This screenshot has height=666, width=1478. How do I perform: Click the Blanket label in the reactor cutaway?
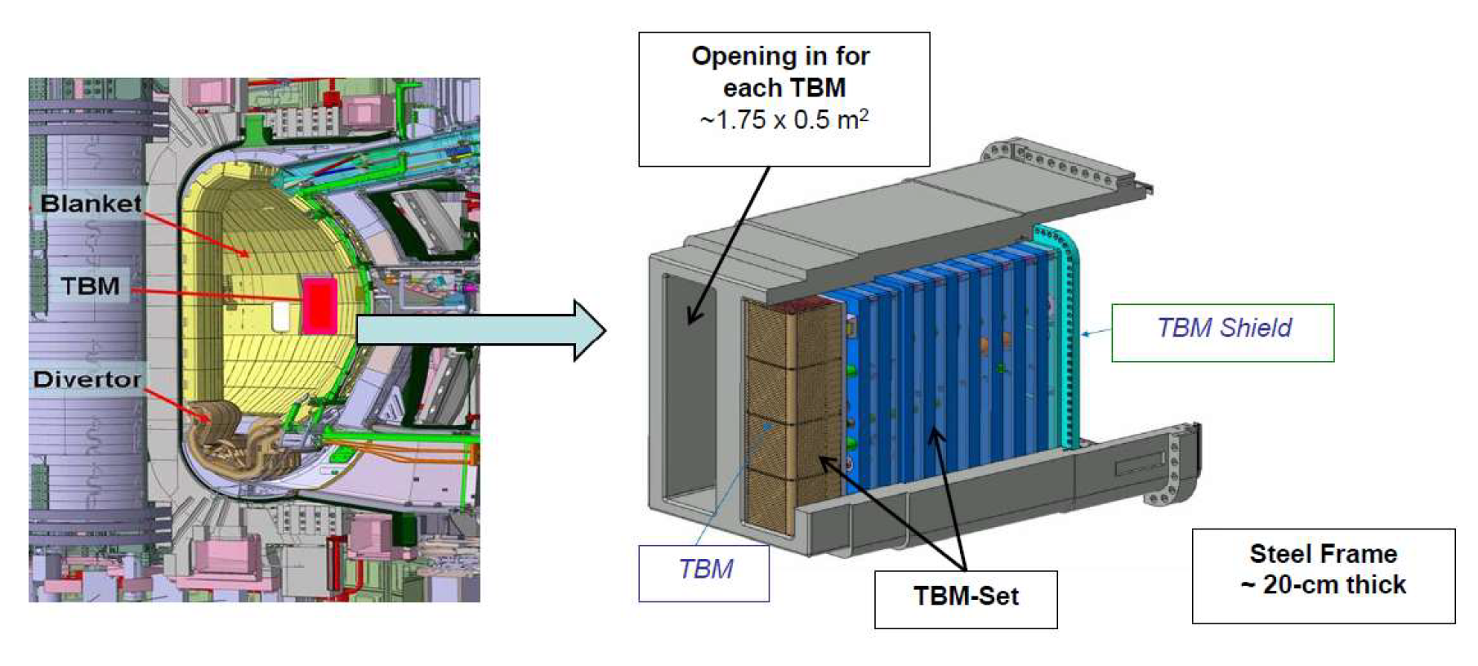(91, 203)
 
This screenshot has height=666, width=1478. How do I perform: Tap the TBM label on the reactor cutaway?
(90, 286)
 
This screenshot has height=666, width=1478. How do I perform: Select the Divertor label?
(87, 379)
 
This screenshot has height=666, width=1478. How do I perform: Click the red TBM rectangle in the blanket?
(319, 305)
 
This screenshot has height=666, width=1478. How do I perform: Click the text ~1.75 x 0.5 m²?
(784, 120)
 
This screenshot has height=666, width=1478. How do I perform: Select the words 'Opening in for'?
(780, 56)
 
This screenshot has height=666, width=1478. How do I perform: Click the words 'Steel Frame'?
(1323, 554)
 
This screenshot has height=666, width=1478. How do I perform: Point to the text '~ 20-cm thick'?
(1323, 585)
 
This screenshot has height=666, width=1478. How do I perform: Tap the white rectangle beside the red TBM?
(281, 315)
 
